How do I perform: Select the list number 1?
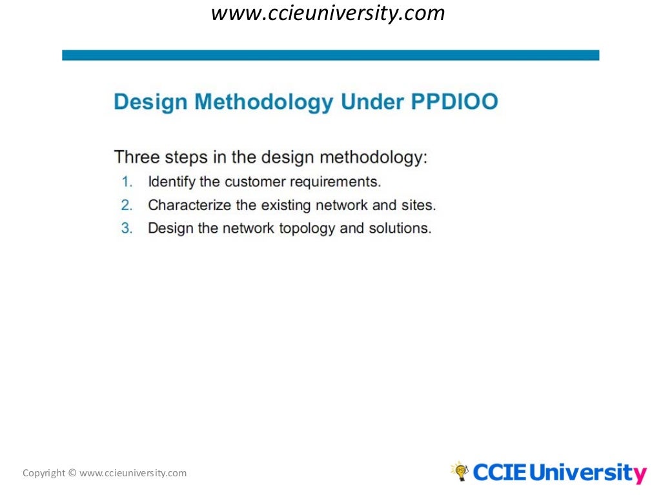127,182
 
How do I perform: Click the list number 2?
127,205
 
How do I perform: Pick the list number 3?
127,228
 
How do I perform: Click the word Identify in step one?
171,182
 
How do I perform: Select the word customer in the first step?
256,182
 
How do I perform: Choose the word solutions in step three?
399,228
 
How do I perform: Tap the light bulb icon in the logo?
460,471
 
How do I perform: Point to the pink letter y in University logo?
638,475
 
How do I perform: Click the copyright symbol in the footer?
72,473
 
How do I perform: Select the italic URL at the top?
329,14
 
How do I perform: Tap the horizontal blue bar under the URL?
330,55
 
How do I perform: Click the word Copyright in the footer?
44,473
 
